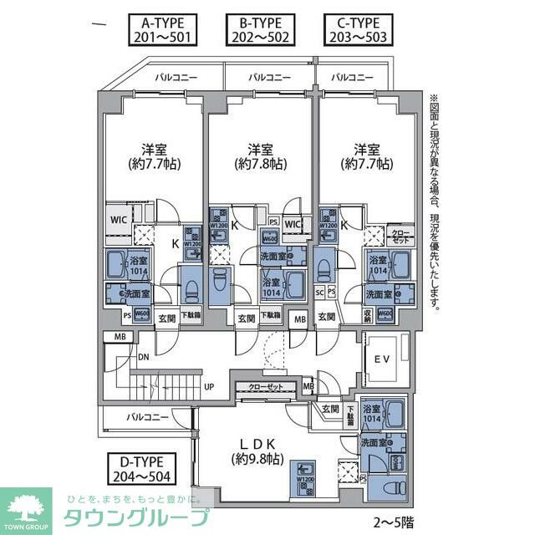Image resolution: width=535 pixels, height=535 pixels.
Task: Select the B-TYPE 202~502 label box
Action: tap(260, 29)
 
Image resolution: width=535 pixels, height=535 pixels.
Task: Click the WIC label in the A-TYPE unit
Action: tap(118, 220)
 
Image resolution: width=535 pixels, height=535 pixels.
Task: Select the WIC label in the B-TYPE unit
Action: tap(293, 225)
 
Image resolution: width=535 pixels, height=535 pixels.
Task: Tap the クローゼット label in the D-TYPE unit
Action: tap(266, 387)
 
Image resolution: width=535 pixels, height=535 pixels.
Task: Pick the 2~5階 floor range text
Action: tap(393, 522)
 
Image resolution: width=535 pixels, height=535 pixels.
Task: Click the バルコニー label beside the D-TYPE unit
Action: tap(148, 415)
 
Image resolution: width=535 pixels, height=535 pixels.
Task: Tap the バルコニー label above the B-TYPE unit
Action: tap(269, 77)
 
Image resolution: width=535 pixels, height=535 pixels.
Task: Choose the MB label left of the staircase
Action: tap(110, 337)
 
